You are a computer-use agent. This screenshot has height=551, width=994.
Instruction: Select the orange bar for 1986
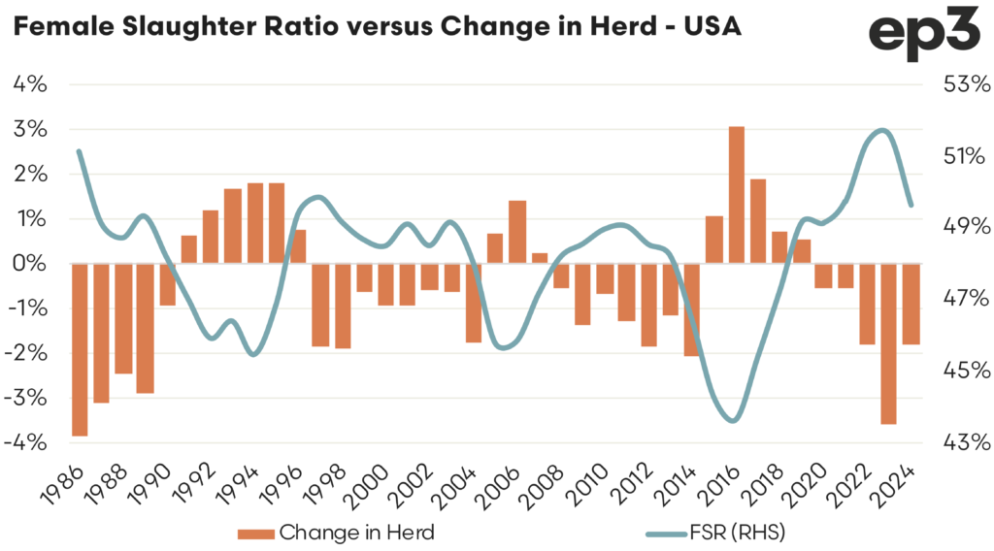[x=80, y=349]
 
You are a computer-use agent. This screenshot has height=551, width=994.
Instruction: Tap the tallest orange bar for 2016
[x=736, y=195]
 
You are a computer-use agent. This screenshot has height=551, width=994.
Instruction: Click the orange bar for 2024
[x=911, y=304]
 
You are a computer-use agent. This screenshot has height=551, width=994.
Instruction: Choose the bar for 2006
[x=517, y=232]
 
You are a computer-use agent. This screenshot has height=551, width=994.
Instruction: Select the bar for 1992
[x=211, y=237]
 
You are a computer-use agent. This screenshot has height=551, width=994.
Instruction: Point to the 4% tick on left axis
[x=29, y=84]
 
